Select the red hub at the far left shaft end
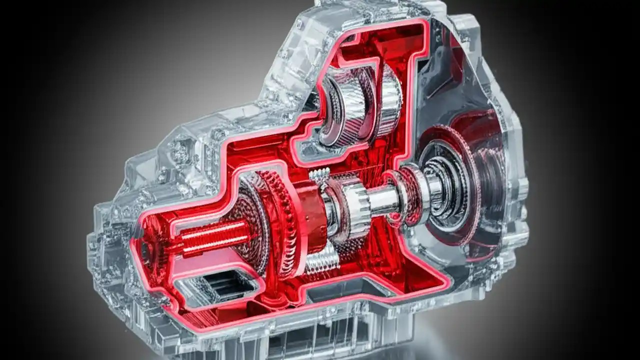(150, 247)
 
